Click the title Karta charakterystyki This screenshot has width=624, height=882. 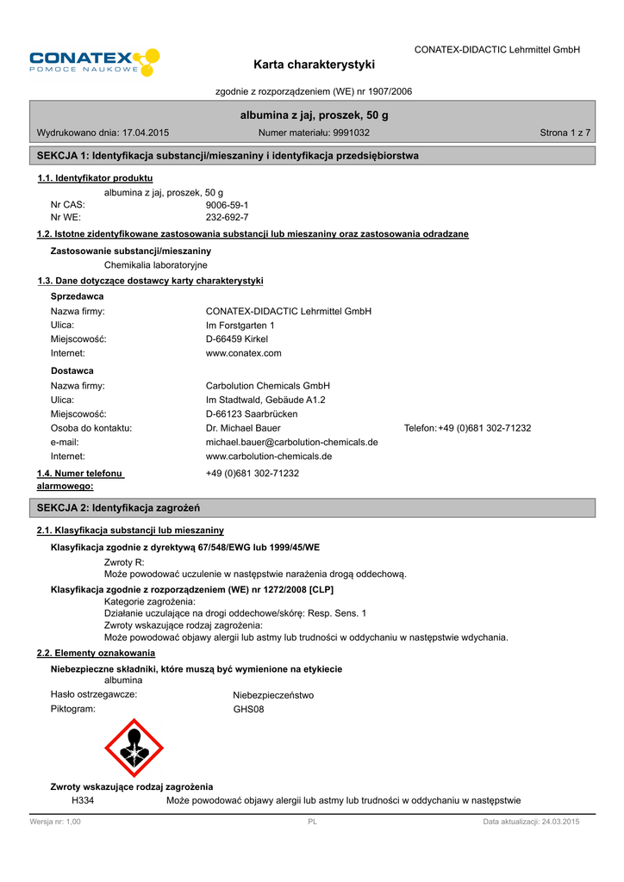pyautogui.click(x=315, y=65)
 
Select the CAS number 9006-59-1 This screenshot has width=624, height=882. pyautogui.click(x=227, y=205)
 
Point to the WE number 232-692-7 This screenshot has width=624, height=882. pyautogui.click(x=227, y=217)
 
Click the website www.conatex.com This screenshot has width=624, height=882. pyautogui.click(x=243, y=353)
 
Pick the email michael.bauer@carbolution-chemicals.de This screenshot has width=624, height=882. pyautogui.click(x=291, y=442)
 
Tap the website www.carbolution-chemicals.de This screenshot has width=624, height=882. pyautogui.click(x=269, y=456)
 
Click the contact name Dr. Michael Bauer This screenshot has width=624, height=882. pyautogui.click(x=243, y=428)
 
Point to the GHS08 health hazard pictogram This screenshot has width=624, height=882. pyautogui.click(x=134, y=748)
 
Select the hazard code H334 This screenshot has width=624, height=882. pyautogui.click(x=82, y=801)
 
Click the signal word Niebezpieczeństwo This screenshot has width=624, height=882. pyautogui.click(x=273, y=695)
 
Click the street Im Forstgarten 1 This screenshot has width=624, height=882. pyautogui.click(x=240, y=326)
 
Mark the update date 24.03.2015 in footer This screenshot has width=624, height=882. pyautogui.click(x=559, y=823)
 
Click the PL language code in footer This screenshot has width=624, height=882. pyautogui.click(x=312, y=823)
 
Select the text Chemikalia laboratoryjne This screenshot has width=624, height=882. pyautogui.click(x=155, y=264)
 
